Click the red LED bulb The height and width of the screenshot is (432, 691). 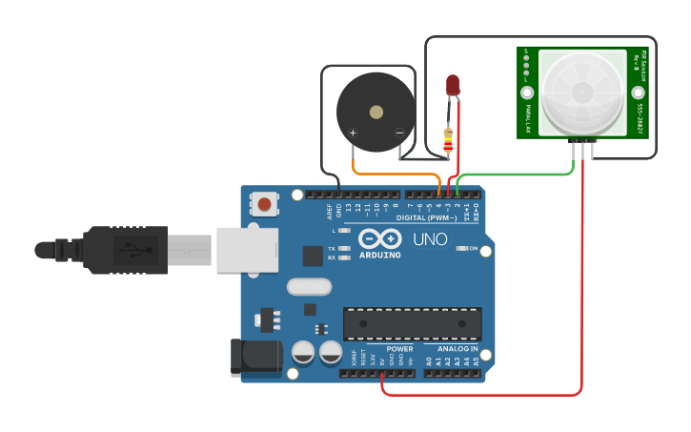coord(453,84)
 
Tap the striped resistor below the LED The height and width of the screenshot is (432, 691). coord(449,139)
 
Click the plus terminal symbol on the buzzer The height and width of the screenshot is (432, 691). coord(353,134)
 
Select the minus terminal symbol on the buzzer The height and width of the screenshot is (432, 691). coord(399,134)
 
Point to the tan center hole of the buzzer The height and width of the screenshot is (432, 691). coord(376,112)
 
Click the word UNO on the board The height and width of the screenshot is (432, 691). coord(429,238)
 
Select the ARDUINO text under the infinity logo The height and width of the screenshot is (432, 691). coord(380,255)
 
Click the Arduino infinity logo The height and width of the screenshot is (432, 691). coord(380,239)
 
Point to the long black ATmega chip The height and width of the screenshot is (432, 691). coord(412,323)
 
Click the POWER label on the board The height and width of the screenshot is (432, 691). coord(399,349)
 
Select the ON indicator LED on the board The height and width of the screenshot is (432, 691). coord(460,249)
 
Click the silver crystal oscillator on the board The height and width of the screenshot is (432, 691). coord(309,286)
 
